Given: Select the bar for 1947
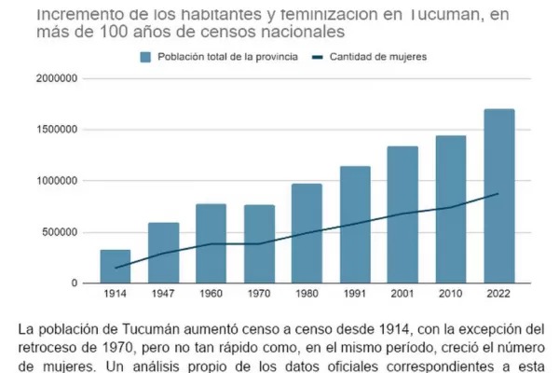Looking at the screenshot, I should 163,253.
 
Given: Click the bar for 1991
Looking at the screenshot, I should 355,225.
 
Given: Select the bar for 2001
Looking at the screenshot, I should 402,214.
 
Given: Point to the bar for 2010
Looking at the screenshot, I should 451,210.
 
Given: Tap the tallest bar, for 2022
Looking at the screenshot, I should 498,196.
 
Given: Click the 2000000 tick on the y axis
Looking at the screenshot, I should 58,78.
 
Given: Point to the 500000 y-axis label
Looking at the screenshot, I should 61,232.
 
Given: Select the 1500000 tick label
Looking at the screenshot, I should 58,130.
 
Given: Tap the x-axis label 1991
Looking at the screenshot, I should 355,296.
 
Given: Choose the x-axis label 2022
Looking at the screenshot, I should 498,296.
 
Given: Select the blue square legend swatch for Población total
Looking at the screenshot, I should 145,57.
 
